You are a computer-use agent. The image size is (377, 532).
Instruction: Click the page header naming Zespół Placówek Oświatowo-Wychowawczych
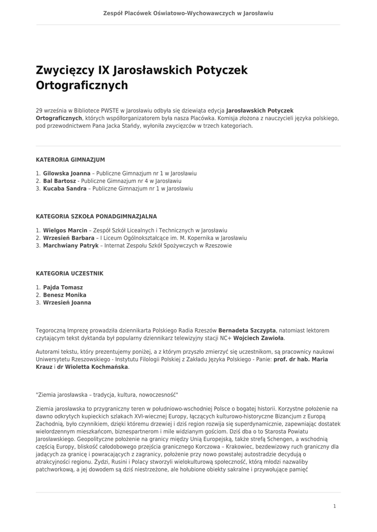point(188,13)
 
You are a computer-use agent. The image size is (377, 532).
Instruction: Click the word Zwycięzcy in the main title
point(64,70)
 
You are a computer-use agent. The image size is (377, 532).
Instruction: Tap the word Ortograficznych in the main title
point(82,85)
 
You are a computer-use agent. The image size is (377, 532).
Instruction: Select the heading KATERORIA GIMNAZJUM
point(70,159)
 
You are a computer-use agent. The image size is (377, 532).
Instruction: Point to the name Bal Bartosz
point(59,181)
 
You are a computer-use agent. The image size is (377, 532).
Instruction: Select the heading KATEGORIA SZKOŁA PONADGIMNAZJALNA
point(96,216)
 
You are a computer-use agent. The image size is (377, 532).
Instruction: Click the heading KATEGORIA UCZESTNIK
point(70,273)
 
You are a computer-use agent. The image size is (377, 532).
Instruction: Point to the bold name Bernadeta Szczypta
point(247,330)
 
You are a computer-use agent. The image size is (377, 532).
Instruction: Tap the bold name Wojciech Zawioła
point(259,338)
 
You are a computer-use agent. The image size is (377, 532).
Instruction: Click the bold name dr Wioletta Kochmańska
point(92,367)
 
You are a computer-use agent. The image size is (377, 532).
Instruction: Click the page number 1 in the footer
point(335,506)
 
